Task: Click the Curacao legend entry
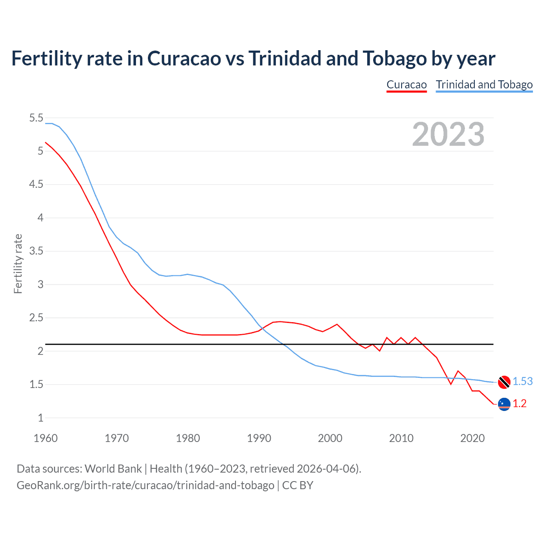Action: coord(406,85)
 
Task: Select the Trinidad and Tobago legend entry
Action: coord(484,85)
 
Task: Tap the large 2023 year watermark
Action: coord(448,134)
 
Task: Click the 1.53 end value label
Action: coord(522,381)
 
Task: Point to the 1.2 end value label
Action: coord(519,403)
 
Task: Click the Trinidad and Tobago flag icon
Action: coord(504,382)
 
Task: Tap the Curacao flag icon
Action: coord(504,404)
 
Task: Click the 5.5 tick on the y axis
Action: coord(36,118)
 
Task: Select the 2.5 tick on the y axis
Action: coord(36,318)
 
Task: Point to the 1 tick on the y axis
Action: coord(40,418)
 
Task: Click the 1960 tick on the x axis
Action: coord(45,438)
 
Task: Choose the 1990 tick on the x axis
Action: coord(259,438)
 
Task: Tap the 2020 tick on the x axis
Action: coord(472,438)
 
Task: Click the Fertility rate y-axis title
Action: coord(18,263)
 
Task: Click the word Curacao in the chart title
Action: coord(184,58)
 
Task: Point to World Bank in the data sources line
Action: coord(113,468)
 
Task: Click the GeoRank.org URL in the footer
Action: coord(145,485)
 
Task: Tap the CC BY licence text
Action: coord(297,485)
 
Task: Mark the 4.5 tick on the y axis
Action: coord(36,184)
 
